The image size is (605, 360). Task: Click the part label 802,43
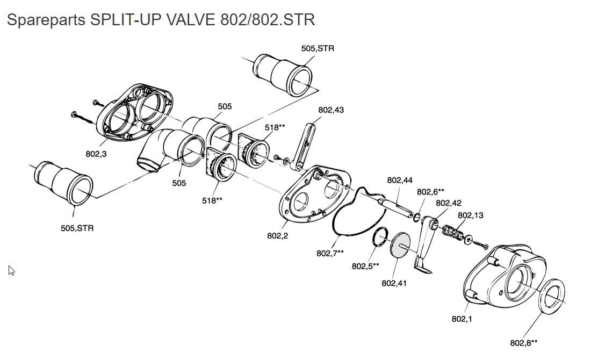[x=330, y=110]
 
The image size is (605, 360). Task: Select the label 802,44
[x=400, y=180]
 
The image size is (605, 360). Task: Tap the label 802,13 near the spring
[x=470, y=215]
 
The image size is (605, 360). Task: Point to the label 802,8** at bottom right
[x=523, y=343]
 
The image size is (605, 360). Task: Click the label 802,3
[x=96, y=154]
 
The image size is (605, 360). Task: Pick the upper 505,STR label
[x=318, y=48]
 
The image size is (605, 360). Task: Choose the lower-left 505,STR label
[x=77, y=228]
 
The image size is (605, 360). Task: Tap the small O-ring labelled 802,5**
[x=380, y=236]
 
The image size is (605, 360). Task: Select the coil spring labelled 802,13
[x=452, y=232]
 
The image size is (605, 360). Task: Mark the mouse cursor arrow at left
[x=11, y=270]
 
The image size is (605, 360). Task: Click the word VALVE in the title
[x=191, y=20]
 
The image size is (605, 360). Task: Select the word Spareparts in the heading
[x=46, y=20]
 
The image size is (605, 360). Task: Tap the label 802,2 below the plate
[x=277, y=236]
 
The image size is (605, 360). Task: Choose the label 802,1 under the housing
[x=462, y=319]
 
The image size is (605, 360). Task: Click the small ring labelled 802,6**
[x=416, y=217]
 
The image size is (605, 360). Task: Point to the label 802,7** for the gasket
[x=330, y=254]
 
